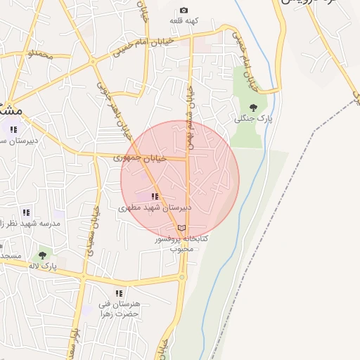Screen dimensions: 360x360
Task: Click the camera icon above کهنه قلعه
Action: click(x=184, y=11)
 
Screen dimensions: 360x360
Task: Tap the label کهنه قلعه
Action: click(x=184, y=21)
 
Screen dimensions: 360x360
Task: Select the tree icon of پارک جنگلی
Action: click(x=253, y=108)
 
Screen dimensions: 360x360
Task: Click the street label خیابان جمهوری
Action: click(x=141, y=158)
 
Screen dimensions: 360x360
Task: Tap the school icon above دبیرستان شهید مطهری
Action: click(x=155, y=196)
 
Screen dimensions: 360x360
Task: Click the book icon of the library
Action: click(x=182, y=228)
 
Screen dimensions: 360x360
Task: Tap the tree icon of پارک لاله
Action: click(x=42, y=255)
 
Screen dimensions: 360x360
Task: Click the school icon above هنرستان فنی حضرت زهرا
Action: click(x=118, y=292)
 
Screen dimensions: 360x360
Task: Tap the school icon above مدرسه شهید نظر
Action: click(x=26, y=212)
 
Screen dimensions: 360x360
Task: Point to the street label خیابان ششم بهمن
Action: click(x=188, y=112)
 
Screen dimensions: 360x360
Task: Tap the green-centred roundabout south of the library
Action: click(x=182, y=277)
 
